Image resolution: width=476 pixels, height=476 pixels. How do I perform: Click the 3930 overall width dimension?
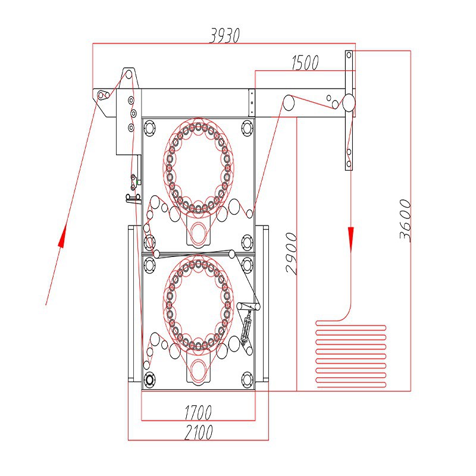(224, 36)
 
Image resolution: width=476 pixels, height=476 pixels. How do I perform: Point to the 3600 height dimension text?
(405, 220)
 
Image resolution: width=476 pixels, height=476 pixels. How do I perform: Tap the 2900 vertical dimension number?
(292, 253)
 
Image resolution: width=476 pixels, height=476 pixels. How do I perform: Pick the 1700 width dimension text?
(198, 412)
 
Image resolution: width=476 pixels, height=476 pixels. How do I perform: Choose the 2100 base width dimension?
(198, 432)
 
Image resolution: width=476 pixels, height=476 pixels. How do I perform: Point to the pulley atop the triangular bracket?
(127, 74)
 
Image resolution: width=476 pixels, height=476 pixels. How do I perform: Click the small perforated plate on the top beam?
(251, 103)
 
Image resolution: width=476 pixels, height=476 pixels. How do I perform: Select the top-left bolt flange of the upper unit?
(149, 127)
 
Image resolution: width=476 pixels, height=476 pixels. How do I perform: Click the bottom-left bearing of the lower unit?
(149, 378)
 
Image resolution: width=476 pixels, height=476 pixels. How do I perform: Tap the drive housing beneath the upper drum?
(198, 230)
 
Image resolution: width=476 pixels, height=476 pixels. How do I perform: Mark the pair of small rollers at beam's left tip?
(102, 96)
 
